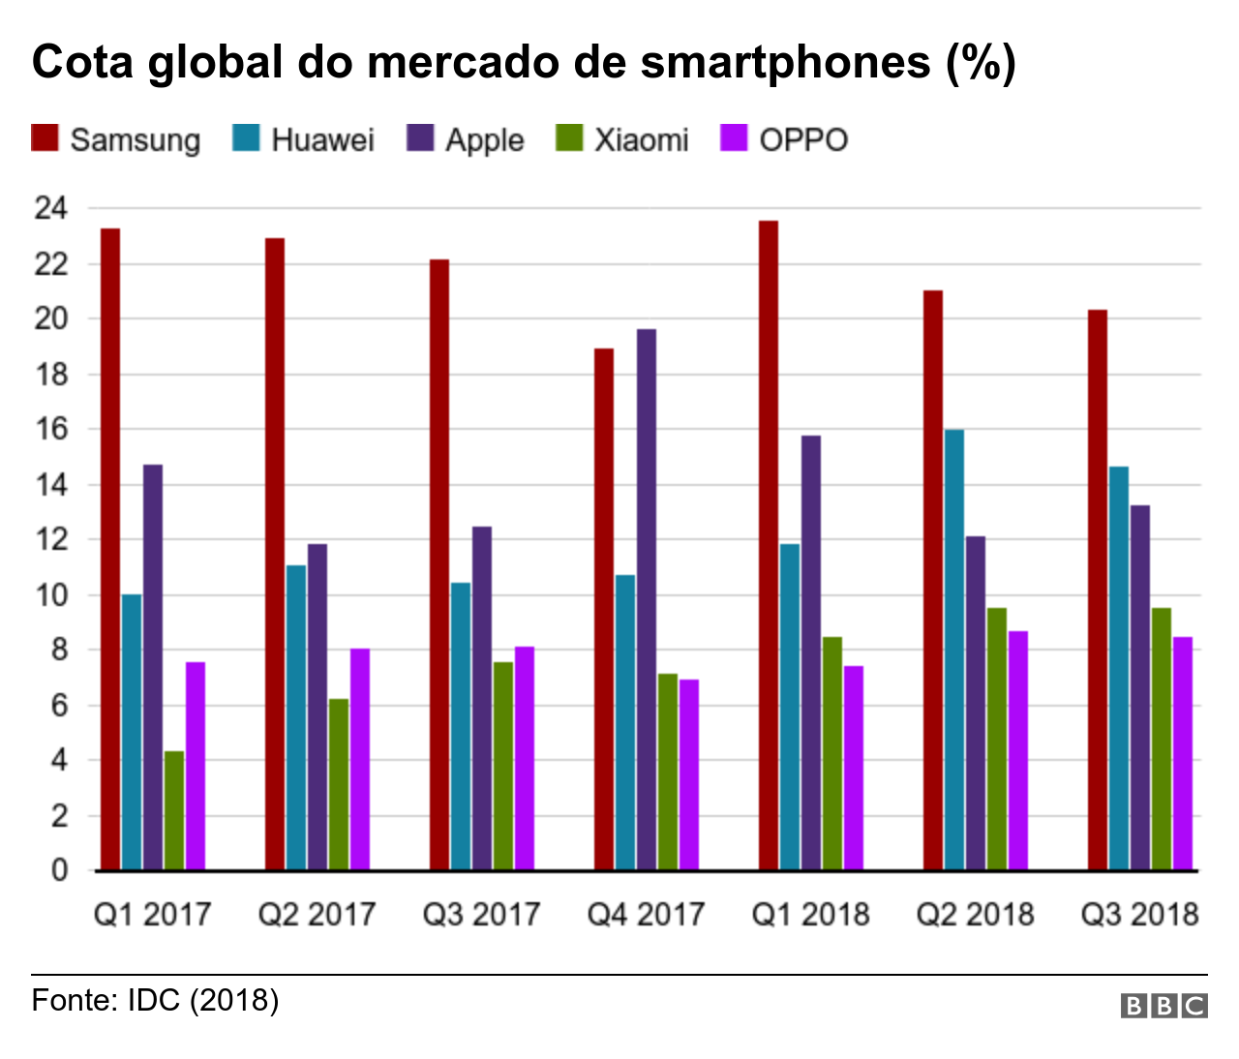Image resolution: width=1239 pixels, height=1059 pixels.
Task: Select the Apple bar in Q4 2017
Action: [646, 599]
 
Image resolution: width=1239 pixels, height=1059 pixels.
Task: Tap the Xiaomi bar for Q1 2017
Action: [174, 810]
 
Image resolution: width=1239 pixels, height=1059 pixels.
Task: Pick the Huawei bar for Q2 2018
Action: [953, 650]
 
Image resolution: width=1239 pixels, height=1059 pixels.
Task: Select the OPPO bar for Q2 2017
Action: [359, 759]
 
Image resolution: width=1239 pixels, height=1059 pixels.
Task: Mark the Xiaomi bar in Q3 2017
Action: [503, 766]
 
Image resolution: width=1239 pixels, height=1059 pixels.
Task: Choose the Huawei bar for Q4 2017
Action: [625, 722]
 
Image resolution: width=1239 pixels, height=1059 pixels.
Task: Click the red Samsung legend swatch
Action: [45, 138]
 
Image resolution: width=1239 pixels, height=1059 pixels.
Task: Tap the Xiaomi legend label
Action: [641, 139]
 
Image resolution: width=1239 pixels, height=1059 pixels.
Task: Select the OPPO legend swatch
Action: [736, 138]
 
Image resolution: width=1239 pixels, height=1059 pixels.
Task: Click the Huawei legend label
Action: [322, 139]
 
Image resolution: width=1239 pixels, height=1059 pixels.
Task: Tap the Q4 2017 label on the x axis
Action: [646, 914]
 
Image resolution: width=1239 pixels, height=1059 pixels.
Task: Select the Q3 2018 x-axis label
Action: [1139, 914]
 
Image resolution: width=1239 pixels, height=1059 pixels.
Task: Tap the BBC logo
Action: [1163, 1006]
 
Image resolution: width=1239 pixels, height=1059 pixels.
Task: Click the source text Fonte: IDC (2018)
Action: [155, 1000]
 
